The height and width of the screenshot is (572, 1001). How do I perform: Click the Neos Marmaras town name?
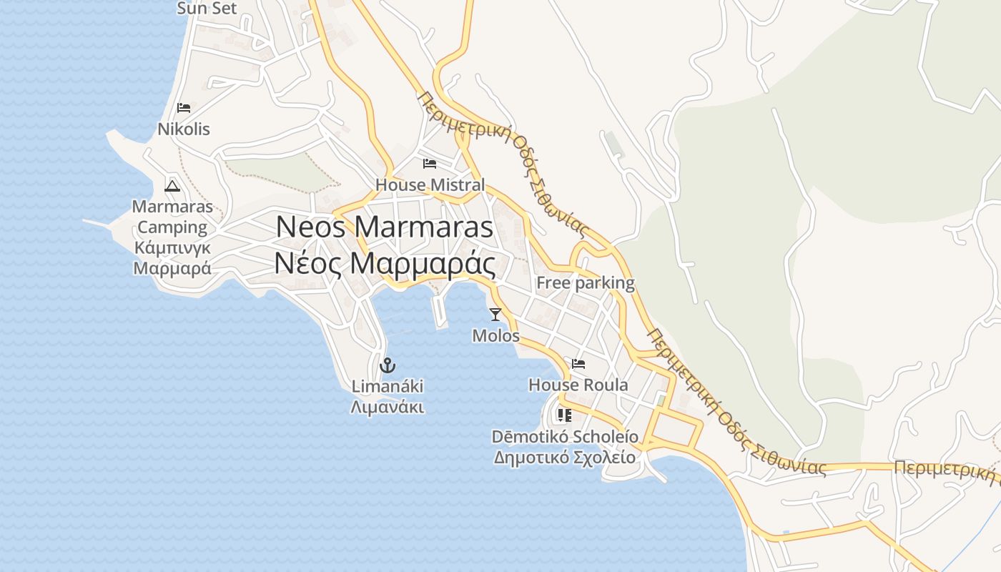click(385, 227)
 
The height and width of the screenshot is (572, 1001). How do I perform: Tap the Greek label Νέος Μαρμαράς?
click(385, 264)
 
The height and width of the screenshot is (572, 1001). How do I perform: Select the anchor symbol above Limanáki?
click(388, 365)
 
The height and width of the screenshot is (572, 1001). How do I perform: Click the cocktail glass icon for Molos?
click(495, 314)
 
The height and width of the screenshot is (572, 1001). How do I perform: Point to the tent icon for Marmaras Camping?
click(172, 187)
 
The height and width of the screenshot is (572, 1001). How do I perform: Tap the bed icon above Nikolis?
click(184, 108)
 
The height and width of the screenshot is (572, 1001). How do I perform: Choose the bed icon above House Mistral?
click(430, 164)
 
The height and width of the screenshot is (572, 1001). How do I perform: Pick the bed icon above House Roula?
click(578, 364)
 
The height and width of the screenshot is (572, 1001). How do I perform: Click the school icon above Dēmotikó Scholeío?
click(565, 415)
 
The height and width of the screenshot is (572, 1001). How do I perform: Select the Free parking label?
click(586, 282)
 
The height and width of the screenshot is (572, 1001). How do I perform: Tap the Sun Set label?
click(207, 9)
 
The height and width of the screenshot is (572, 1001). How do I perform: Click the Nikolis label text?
click(184, 129)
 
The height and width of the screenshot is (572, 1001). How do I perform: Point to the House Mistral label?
click(430, 184)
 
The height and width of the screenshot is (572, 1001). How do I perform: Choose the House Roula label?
click(578, 385)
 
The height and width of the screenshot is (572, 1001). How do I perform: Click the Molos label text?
click(495, 335)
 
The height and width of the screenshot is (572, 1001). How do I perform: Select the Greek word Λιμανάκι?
click(388, 408)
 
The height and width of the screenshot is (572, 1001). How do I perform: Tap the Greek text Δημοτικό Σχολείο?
click(565, 457)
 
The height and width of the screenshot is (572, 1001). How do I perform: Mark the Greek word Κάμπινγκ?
click(172, 248)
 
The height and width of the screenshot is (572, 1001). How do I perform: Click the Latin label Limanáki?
click(388, 387)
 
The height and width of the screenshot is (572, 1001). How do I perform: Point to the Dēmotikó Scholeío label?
click(565, 436)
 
